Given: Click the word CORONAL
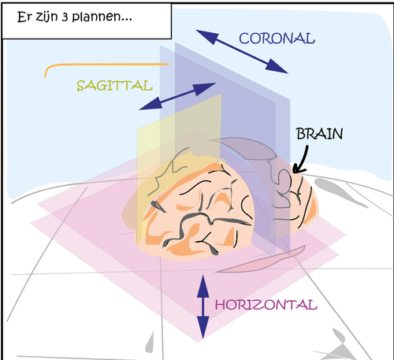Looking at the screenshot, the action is coord(277,39).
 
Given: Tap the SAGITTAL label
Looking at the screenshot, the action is coord(114,86).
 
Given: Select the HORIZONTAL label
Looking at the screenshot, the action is coord(266,305).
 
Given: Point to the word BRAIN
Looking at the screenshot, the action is coord(319,134).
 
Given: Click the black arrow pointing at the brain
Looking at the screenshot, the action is coord(302,160).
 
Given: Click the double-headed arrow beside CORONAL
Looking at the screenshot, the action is coord(242,51).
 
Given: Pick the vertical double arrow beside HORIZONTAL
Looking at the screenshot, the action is coord(203,306).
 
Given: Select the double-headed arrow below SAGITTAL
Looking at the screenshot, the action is coord(177,96).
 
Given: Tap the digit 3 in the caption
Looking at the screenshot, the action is coord(65,17).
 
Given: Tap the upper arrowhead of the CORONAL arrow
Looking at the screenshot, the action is coord(207,36).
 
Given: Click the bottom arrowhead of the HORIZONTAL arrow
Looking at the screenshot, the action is coord(203,327).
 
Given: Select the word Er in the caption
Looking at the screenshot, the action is coord(24,17).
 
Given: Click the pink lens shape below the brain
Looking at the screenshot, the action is coord(260,261).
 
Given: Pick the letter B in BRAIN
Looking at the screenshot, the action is coord(300,134).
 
